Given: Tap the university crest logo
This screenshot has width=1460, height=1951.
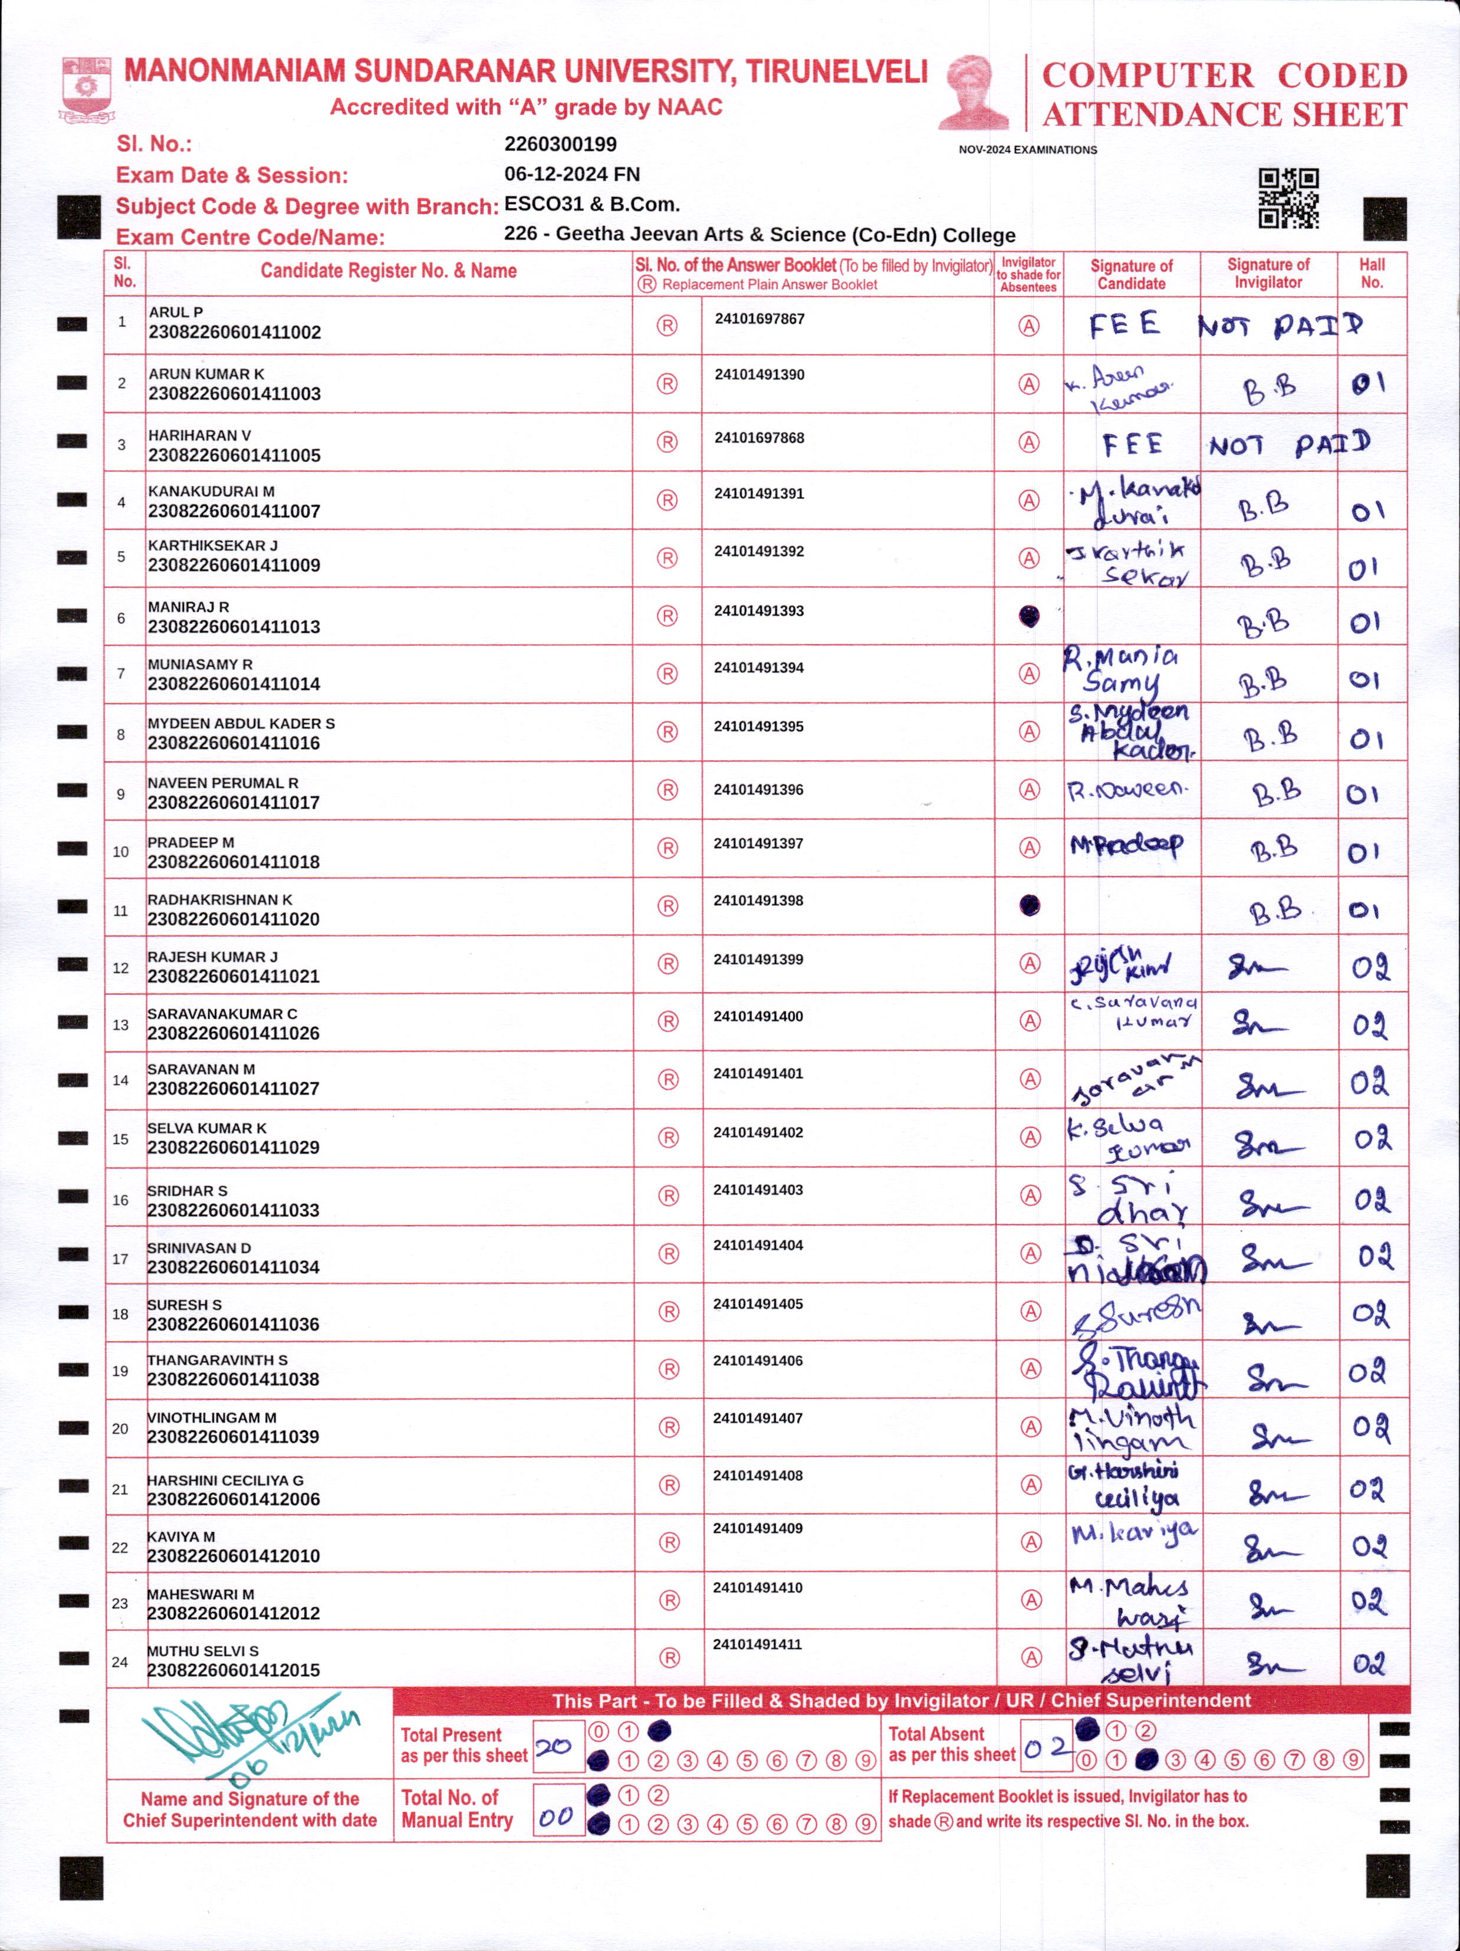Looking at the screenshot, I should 86,88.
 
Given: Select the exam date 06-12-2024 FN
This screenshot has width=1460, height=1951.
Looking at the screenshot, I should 571,175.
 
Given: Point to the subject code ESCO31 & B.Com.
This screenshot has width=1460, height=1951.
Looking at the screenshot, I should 591,205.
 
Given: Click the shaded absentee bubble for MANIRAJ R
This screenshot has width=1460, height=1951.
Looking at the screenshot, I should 1028,616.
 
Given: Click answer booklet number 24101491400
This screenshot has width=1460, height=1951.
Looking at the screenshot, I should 758,1016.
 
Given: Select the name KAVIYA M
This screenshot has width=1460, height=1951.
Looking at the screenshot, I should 181,1536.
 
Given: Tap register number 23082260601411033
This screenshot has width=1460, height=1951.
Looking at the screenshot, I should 233,1210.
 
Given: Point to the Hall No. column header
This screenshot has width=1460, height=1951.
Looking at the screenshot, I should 1372,274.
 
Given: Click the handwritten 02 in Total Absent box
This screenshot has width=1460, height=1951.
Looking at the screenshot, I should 1045,1748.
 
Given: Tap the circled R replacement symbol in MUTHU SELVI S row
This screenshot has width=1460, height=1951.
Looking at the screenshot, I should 669,1658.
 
